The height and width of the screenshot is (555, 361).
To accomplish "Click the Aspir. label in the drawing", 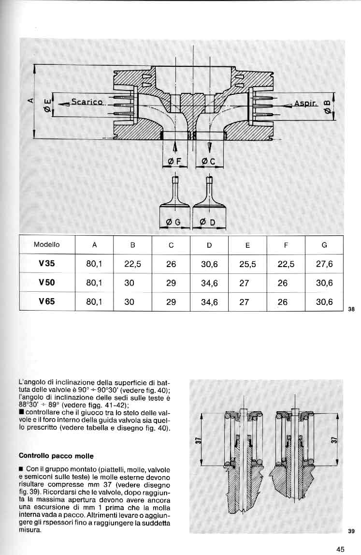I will [x=305, y=104].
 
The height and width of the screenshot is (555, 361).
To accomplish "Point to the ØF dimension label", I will [x=174, y=161].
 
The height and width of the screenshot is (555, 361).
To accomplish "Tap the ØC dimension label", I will [x=209, y=161].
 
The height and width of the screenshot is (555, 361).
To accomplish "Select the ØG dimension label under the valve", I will [x=173, y=222].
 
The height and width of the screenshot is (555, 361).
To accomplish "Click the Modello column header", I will [x=47, y=245].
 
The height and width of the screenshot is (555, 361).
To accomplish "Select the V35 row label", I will [x=47, y=264].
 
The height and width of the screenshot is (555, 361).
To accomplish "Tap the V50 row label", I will [x=47, y=283].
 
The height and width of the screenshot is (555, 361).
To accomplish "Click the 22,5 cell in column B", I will [x=132, y=264].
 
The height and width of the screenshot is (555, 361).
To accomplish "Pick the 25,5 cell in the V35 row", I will [x=247, y=264].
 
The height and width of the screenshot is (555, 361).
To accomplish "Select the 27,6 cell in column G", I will [x=324, y=264].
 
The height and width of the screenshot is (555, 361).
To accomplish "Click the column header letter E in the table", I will [x=247, y=245].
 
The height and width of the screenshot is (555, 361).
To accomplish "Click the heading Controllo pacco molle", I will [x=56, y=455].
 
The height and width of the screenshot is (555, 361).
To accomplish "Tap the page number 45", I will [x=341, y=549].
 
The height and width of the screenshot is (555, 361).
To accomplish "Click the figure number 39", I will [x=351, y=531].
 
